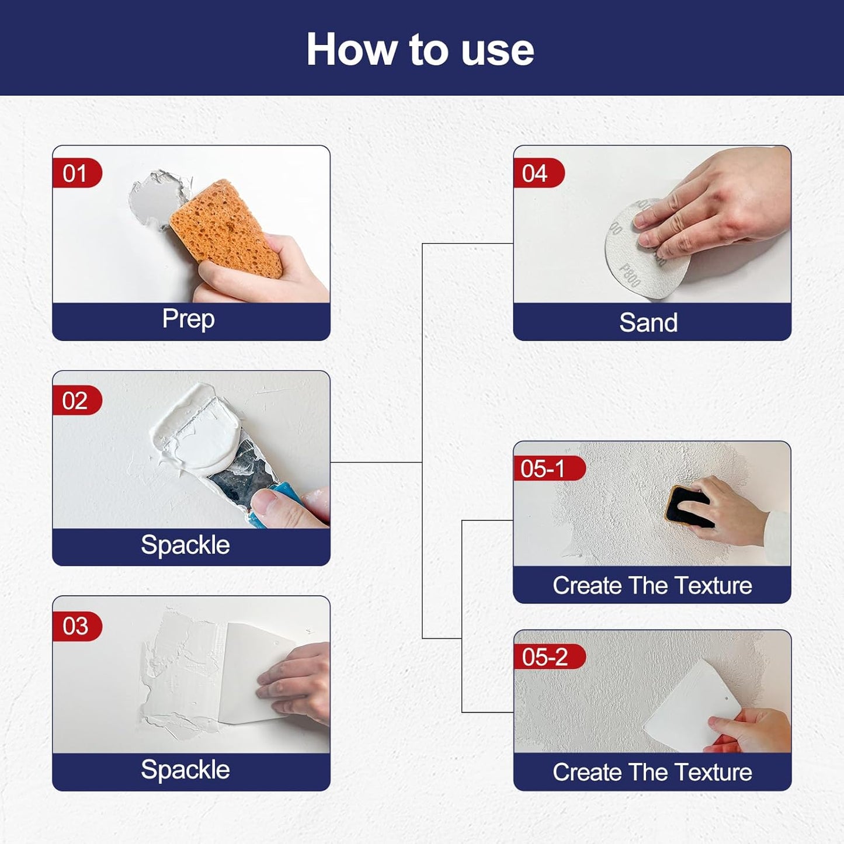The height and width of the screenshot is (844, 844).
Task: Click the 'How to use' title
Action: click(x=421, y=50)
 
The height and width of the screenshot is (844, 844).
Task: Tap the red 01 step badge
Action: click(x=77, y=173)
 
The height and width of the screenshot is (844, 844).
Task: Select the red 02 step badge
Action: click(x=77, y=401)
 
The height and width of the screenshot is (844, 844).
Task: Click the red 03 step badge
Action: click(x=77, y=626)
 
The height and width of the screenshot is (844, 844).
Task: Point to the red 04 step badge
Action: click(x=537, y=173)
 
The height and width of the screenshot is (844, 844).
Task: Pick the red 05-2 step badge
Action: click(x=548, y=657)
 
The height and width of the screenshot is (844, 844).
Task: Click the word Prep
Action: click(x=188, y=319)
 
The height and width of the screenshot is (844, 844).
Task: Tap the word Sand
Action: click(x=648, y=322)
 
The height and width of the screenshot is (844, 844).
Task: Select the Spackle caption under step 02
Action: click(x=185, y=545)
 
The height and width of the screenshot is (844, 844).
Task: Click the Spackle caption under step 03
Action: click(x=185, y=770)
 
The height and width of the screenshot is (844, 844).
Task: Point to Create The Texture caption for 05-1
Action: click(x=652, y=585)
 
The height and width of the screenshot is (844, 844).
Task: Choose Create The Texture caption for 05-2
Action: click(x=652, y=772)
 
